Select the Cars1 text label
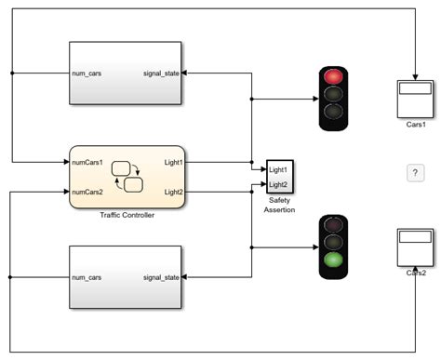415,124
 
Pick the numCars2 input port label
93,192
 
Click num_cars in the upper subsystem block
90,72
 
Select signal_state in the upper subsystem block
159,72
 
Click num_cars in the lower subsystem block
90,276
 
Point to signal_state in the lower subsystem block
159,276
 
